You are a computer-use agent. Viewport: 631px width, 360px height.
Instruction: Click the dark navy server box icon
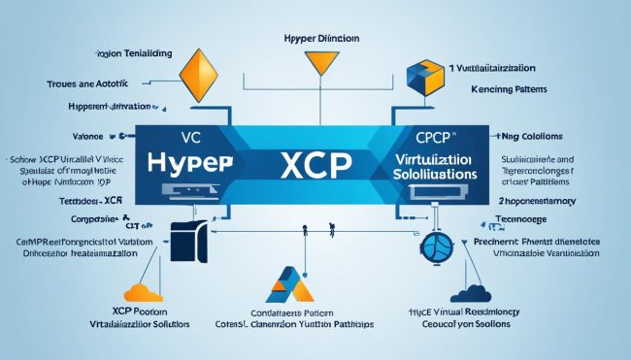(x=190, y=243)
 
